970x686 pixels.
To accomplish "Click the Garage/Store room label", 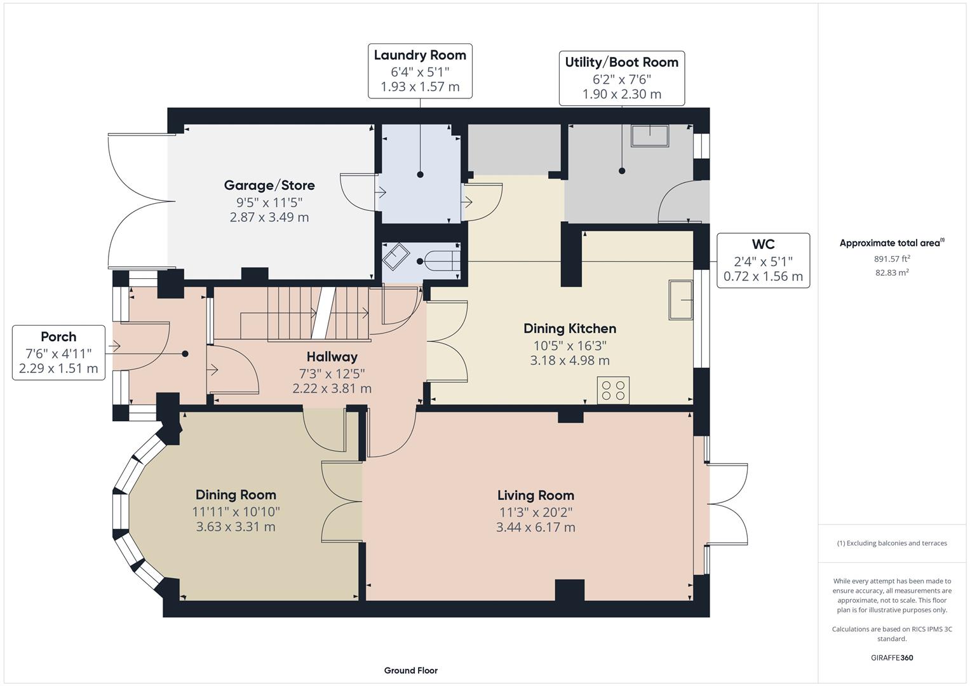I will tap(269, 185).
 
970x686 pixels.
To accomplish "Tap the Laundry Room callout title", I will tap(420, 55).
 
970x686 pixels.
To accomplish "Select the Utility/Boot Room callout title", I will tap(621, 62).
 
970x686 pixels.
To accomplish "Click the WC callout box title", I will tap(763, 245).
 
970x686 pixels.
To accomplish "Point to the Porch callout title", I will tap(58, 337).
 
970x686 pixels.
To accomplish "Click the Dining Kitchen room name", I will tap(569, 328).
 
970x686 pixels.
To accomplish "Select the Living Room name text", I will tap(536, 495).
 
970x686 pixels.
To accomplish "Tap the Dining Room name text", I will tap(236, 495).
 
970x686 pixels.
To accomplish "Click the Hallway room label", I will tap(332, 357).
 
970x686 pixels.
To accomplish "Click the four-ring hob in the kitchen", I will tap(613, 390).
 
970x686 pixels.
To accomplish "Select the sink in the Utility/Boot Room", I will tap(649, 136).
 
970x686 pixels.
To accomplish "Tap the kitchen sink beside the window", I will tap(680, 300).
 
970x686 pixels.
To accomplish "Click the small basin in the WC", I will tap(396, 257).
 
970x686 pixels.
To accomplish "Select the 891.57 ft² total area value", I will tap(892, 259).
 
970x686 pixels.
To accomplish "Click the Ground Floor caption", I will tap(410, 670).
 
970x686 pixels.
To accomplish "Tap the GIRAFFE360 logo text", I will tap(891, 657).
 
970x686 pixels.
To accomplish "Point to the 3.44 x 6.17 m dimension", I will tap(536, 527).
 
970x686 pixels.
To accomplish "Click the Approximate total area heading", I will tap(891, 243).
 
